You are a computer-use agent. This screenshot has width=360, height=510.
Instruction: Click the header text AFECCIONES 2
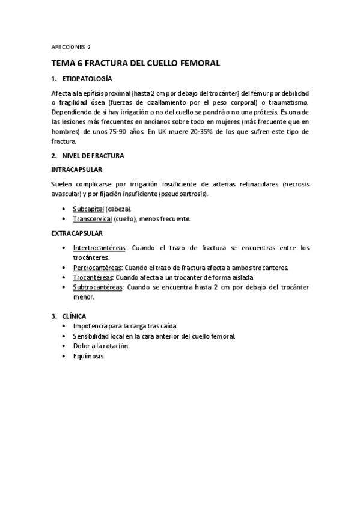point(71,46)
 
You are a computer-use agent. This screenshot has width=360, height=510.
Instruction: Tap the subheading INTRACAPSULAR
point(76,170)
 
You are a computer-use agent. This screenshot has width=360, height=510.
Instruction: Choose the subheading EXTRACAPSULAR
point(77,233)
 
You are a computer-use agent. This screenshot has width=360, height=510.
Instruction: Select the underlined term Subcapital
point(88,209)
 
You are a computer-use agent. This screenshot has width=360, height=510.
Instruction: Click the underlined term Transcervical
point(92,219)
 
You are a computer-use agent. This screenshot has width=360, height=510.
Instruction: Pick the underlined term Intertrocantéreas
point(99,247)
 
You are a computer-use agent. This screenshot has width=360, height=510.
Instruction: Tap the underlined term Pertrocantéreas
point(97,267)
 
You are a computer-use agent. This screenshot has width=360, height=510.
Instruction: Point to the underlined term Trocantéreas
point(93,277)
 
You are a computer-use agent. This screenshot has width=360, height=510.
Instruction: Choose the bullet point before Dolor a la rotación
point(64,346)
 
